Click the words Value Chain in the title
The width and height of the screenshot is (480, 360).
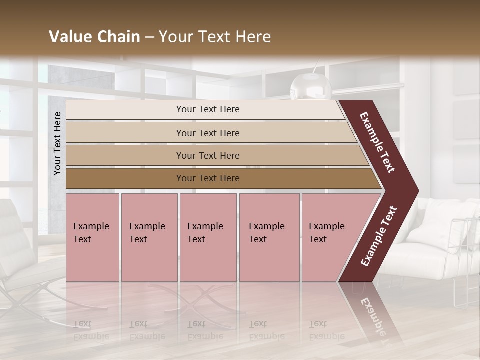pyautogui.click(x=94, y=37)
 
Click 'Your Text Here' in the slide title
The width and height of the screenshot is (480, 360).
pyautogui.click(x=215, y=37)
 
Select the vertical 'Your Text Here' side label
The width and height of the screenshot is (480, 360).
pyautogui.click(x=57, y=143)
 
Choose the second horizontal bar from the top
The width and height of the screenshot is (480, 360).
pyautogui.click(x=207, y=133)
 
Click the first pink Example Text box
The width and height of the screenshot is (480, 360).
pyautogui.click(x=92, y=237)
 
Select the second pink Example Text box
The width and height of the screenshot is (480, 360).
pyautogui.click(x=149, y=237)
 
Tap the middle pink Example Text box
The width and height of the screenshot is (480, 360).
pyautogui.click(x=208, y=237)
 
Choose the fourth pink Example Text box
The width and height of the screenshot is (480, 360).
pyautogui.click(x=269, y=237)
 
